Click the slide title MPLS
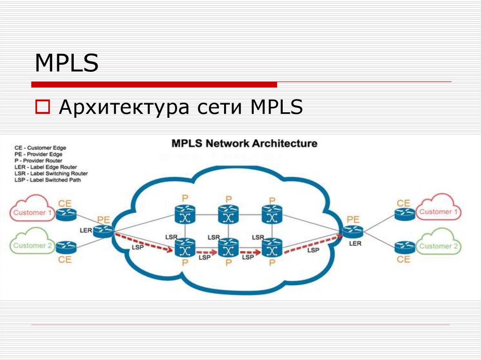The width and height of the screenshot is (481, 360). (67, 64)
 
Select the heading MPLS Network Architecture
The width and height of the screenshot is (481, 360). (244, 143)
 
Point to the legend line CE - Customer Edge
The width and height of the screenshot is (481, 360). (40, 147)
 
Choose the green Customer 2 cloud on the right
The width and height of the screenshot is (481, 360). (438, 246)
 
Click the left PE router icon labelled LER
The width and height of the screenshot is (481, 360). (103, 230)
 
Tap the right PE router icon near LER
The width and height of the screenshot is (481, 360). (352, 231)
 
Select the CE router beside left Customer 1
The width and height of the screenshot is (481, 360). (66, 214)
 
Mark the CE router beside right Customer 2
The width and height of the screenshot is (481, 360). (404, 246)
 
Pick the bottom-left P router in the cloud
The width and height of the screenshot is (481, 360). (185, 247)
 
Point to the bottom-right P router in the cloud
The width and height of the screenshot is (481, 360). (272, 247)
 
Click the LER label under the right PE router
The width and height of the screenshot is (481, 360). (355, 244)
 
